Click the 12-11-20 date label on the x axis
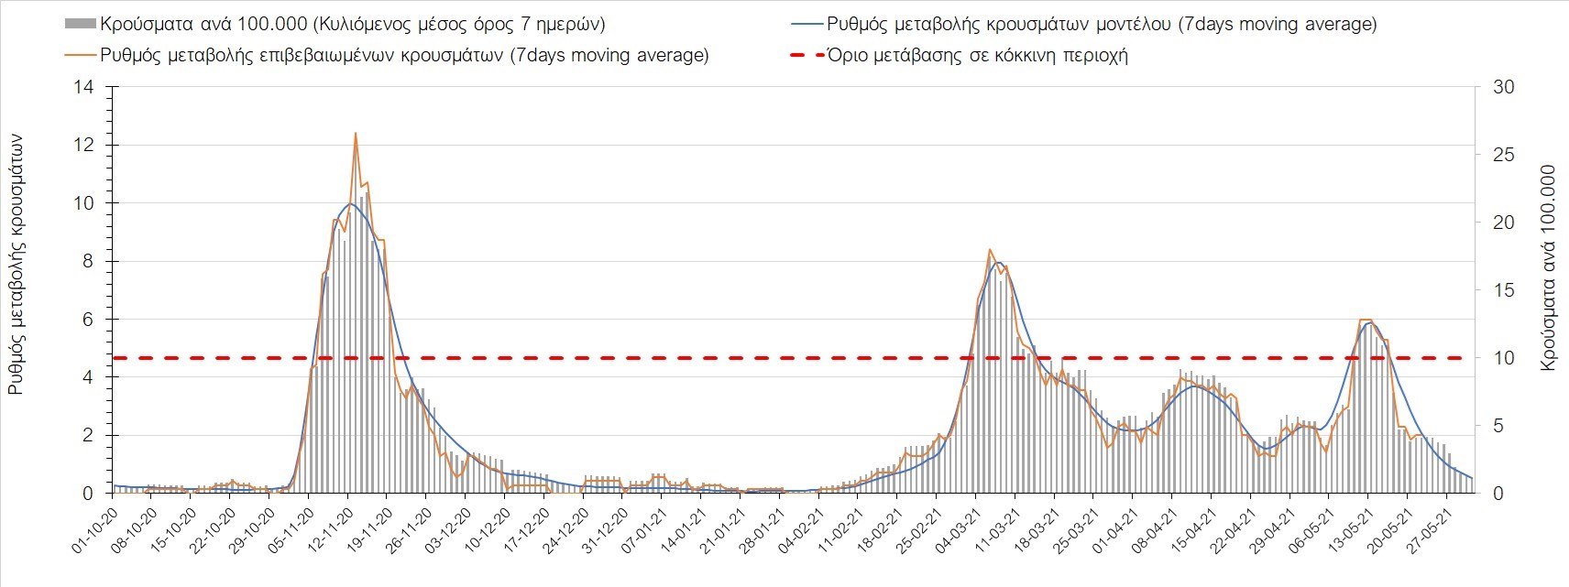coord(328,529)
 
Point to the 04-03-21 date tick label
coord(955,529)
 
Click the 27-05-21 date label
coord(1426,529)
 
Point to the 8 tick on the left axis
coord(88,262)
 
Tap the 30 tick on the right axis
coord(1503,88)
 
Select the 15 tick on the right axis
coord(1503,290)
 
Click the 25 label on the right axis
coord(1503,155)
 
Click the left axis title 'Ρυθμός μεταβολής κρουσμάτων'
coord(16,266)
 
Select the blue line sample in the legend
coord(806,25)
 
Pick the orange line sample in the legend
coord(80,56)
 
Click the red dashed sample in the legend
coord(806,56)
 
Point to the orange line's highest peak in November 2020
coord(355,134)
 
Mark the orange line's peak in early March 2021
coord(990,250)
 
